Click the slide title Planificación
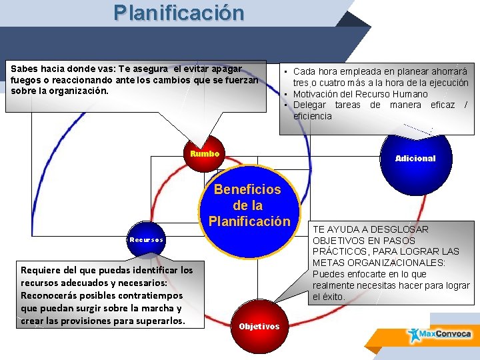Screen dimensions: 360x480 (x=179, y=13)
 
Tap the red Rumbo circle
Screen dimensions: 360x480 (x=205, y=153)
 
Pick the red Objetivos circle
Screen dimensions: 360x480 (x=259, y=327)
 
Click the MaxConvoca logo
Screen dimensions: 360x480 (x=440, y=334)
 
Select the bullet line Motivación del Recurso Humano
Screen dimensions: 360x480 (x=361, y=94)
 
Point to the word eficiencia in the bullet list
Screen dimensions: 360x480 (x=312, y=116)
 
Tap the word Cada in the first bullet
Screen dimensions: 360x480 (x=305, y=71)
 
